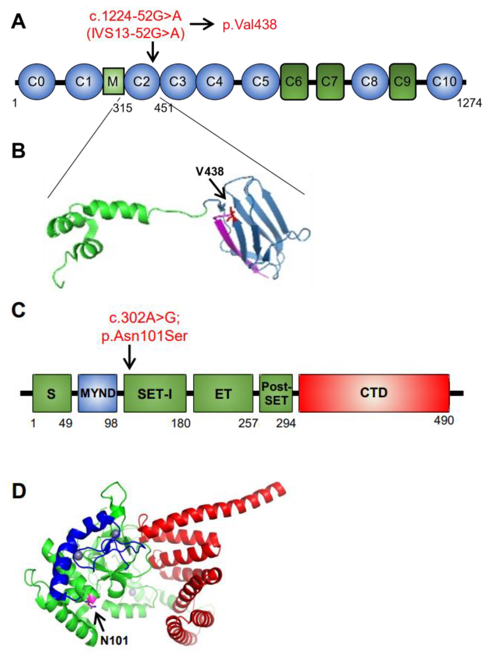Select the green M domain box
point(113,81)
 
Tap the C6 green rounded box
point(294,81)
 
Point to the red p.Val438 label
point(249,25)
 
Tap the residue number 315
point(122,108)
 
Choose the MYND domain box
point(98,393)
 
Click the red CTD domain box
point(374,393)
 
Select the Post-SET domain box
point(276,393)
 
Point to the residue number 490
point(444,420)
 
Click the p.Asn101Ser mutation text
point(144,337)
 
